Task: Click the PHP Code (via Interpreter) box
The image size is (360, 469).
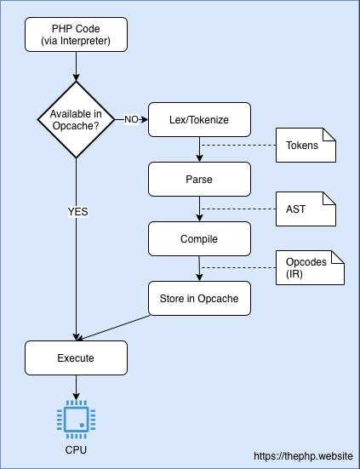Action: coord(76,34)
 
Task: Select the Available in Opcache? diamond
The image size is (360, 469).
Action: coord(76,120)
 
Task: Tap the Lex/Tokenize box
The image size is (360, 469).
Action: coord(199,120)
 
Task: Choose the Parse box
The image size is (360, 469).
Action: coord(199,179)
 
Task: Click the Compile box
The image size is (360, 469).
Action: coord(199,238)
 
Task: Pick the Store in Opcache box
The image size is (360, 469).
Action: coord(199,298)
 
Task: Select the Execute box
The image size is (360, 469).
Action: coord(76,357)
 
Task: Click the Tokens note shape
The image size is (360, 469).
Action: coord(306,146)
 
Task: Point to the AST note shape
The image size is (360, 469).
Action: coord(306,209)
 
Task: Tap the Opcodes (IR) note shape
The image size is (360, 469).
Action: coord(310,268)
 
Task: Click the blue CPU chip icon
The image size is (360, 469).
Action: coord(76,420)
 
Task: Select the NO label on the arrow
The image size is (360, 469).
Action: coord(131,120)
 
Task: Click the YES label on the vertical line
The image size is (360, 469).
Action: coord(78,212)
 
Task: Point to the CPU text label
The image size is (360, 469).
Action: coord(76,450)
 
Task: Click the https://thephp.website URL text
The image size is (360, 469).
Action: coord(304,456)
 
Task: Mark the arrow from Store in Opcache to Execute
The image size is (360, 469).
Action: coord(113,328)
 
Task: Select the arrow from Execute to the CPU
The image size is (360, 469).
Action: coord(76,387)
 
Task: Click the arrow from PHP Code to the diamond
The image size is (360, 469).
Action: coord(76,66)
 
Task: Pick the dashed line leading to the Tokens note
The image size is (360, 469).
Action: coord(238,146)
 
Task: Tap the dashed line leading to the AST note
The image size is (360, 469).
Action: coord(238,209)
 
